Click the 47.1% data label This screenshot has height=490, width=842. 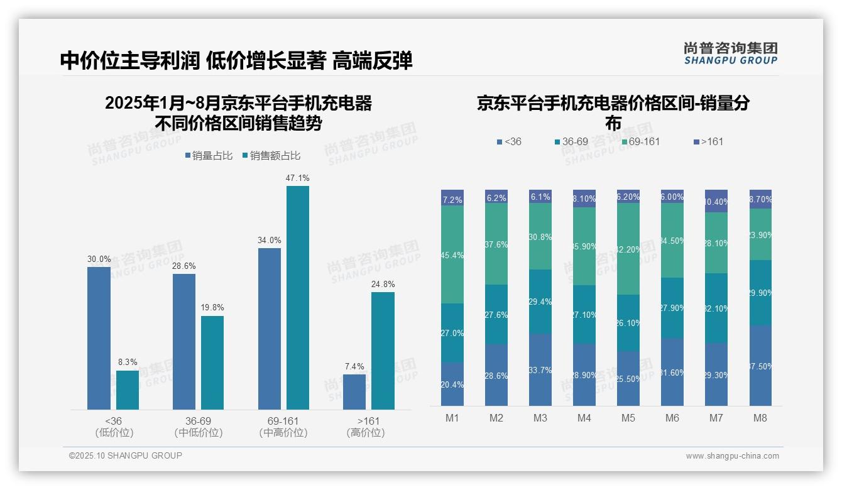point(297,178)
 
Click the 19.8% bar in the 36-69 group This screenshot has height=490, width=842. point(212,362)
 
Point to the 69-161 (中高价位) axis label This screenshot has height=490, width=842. point(283,427)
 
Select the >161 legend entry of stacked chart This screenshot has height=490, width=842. point(708,141)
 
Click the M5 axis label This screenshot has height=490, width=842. point(628,418)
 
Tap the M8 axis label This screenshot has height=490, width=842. point(760,418)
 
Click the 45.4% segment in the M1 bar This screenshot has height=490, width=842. point(452,254)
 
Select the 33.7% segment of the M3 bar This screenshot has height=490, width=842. point(540,369)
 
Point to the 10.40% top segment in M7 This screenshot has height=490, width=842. point(716,201)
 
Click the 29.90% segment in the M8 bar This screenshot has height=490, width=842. point(760,292)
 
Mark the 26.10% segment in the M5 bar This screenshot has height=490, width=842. point(628,322)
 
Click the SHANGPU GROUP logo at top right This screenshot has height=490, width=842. point(730,53)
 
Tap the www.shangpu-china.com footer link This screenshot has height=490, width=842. point(732,456)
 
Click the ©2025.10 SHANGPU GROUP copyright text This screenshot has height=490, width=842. point(126,455)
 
